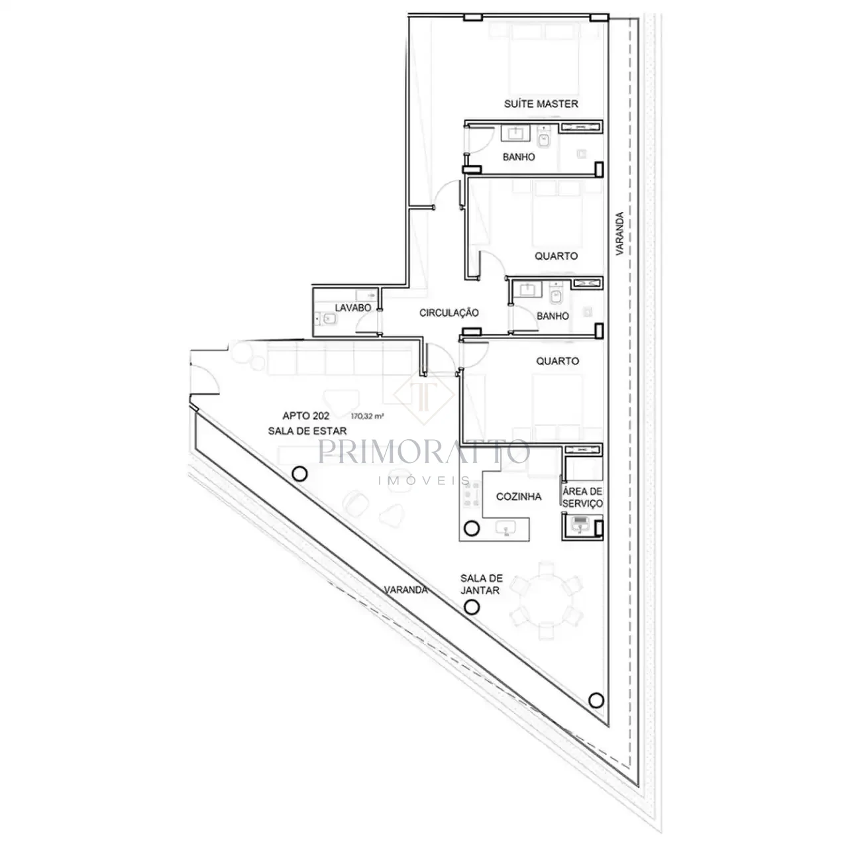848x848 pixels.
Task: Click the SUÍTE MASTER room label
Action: coord(541,104)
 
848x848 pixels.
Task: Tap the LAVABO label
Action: coord(353,307)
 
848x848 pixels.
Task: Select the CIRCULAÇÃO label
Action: coord(449,313)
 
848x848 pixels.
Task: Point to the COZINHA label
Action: coord(518,496)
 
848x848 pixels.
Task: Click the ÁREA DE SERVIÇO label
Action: coord(582,498)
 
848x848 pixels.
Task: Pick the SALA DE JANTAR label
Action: coord(482,584)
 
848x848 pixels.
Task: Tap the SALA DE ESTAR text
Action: coord(307,431)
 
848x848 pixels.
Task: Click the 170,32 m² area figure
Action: coord(367,415)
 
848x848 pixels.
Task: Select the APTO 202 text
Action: coord(305,416)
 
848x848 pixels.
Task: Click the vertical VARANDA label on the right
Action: coord(619,234)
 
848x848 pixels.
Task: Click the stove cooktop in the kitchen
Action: coord(471,495)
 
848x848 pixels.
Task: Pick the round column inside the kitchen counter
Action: coord(472,527)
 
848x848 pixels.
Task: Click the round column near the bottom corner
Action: coord(596,712)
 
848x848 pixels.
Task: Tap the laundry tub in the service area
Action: coord(580,525)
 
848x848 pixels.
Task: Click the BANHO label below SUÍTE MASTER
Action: coord(519,157)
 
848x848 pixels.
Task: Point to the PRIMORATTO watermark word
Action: coord(424,452)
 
